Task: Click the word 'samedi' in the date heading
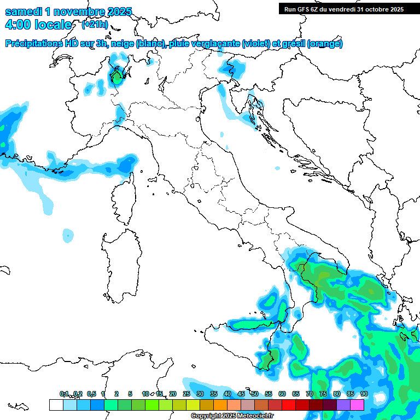[25, 11]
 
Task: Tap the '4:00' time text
[19, 25]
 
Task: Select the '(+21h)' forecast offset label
[94, 24]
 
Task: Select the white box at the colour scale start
[56, 405]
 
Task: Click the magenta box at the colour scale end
[357, 405]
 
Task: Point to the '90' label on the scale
[364, 394]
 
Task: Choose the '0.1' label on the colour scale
[64, 394]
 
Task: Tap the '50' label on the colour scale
[255, 394]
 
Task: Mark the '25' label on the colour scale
[186, 394]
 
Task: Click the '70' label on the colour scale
[310, 394]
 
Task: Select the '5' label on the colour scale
[130, 394]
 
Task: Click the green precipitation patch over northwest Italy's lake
[117, 77]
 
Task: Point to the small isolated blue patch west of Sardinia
[68, 235]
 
